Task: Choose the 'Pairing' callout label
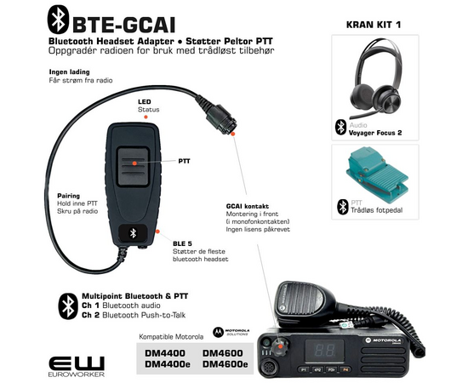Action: (x=69, y=195)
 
